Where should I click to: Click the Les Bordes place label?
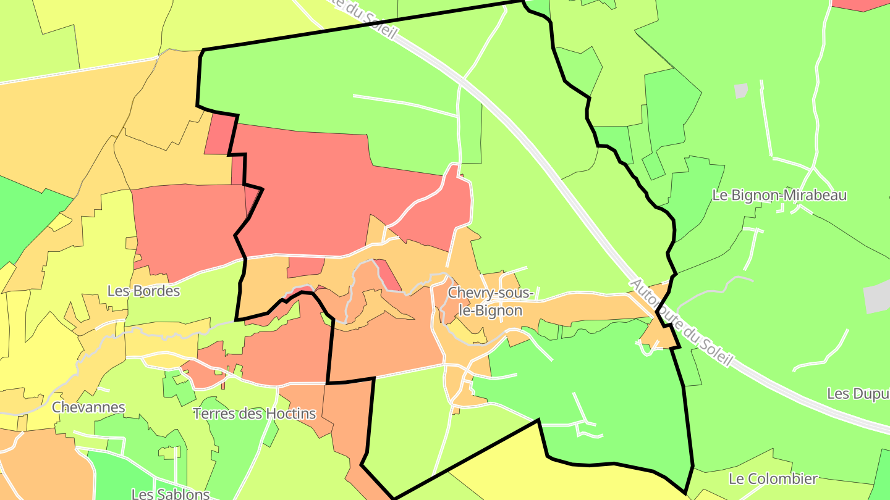(143, 291)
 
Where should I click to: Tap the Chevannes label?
(88, 407)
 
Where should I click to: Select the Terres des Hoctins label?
(255, 414)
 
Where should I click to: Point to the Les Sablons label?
(171, 494)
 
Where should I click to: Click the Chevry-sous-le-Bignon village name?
(490, 301)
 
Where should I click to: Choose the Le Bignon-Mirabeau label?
(779, 196)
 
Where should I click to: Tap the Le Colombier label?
(773, 479)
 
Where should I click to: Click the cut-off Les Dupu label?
(858, 394)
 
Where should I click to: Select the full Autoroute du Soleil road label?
(680, 322)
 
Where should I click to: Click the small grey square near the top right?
(741, 91)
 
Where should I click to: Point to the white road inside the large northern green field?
(405, 105)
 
